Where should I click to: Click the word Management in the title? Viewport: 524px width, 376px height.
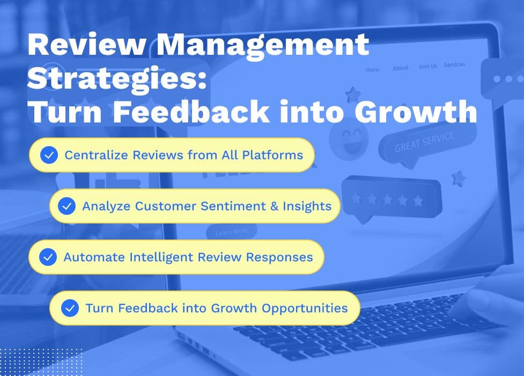coord(262,45)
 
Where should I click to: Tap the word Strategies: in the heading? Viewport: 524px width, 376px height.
coord(117,78)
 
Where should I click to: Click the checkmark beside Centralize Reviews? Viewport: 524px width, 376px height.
coord(49,155)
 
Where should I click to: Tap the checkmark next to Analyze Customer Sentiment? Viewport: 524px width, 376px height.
coord(67,206)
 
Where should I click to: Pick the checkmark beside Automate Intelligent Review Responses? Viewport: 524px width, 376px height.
coord(48,257)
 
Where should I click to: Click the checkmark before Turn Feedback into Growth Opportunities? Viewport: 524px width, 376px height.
coord(70,308)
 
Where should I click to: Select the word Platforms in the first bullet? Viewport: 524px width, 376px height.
coord(272,155)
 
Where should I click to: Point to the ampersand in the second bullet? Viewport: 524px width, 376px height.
coord(275,206)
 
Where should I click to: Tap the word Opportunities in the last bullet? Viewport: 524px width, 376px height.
coord(305,308)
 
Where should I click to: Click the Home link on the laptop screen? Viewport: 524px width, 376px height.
coord(373,70)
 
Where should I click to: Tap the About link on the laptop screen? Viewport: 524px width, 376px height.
coord(400,68)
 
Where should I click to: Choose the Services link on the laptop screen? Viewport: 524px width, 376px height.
coord(454,64)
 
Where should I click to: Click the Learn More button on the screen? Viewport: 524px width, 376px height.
coord(232,232)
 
